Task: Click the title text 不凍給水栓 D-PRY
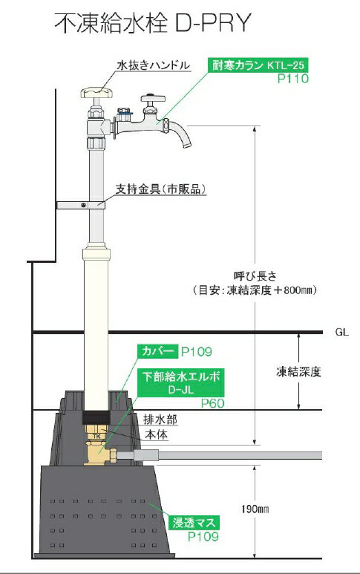coord(153,23)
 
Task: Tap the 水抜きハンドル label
coord(154,65)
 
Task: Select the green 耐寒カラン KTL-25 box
coord(258,65)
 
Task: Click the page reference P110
coord(292,79)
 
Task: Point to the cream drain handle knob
coord(96,93)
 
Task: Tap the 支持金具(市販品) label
coord(160,189)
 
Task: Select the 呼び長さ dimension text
coord(255,275)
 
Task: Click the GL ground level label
coord(341,332)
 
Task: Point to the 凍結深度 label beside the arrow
coord(298,372)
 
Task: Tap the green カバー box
coord(157,352)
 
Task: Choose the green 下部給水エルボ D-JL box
coord(180,383)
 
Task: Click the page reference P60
coord(212,403)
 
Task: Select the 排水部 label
coord(160,420)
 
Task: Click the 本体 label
coord(156,435)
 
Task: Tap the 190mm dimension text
coord(255,509)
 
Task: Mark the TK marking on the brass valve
coord(96,436)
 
